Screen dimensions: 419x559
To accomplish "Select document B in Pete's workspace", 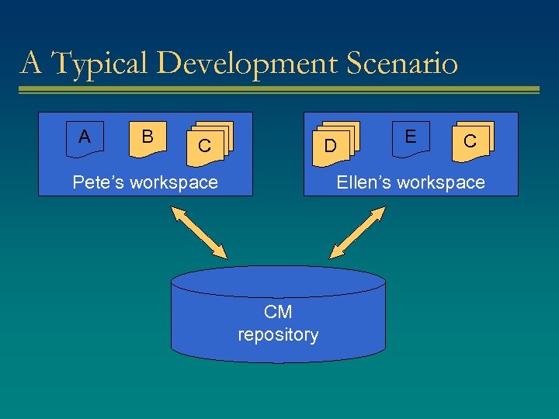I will pos(148,138).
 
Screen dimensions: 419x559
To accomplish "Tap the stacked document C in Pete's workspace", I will pos(206,144).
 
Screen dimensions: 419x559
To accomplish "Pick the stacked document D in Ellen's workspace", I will pos(332,144).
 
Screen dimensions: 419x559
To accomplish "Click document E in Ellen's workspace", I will pos(411,138).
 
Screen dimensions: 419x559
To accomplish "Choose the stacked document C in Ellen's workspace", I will pos(471,141).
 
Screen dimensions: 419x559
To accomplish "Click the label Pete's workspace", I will pos(145,182).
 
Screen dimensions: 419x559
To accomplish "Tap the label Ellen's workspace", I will pos(410,182).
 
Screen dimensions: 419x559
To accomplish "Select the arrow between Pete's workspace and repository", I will pos(200,232).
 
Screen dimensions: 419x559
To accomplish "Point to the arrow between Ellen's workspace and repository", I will pos(358,232).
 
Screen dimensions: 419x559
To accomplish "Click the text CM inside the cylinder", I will pos(278,312).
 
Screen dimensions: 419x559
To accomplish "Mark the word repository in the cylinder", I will pos(278,334).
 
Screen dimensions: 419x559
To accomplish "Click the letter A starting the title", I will pos(31,63).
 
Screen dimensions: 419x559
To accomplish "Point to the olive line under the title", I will pos(279,90).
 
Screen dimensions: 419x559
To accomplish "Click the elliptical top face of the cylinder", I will pos(278,281).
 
